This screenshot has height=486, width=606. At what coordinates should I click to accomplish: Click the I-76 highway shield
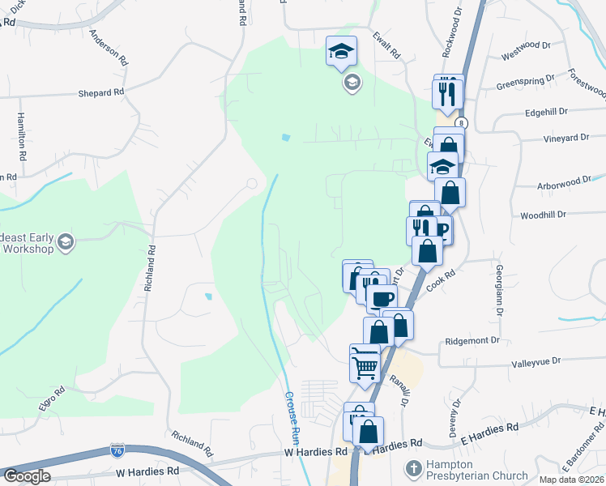117,448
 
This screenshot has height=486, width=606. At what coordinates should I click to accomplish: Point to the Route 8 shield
460,122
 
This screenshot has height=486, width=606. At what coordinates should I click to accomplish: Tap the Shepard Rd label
100,92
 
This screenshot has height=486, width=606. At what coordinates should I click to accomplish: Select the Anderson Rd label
109,48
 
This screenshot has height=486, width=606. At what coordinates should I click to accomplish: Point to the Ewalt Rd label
387,46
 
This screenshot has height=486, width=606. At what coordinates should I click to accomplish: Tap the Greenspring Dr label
525,82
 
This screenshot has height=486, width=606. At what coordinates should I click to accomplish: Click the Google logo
26,476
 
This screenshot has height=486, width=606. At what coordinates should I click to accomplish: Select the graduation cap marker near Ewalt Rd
341,51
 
